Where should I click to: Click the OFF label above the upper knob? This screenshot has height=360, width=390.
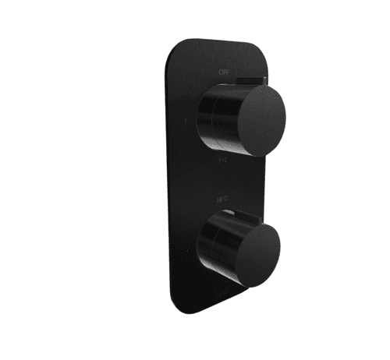click(x=224, y=71)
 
